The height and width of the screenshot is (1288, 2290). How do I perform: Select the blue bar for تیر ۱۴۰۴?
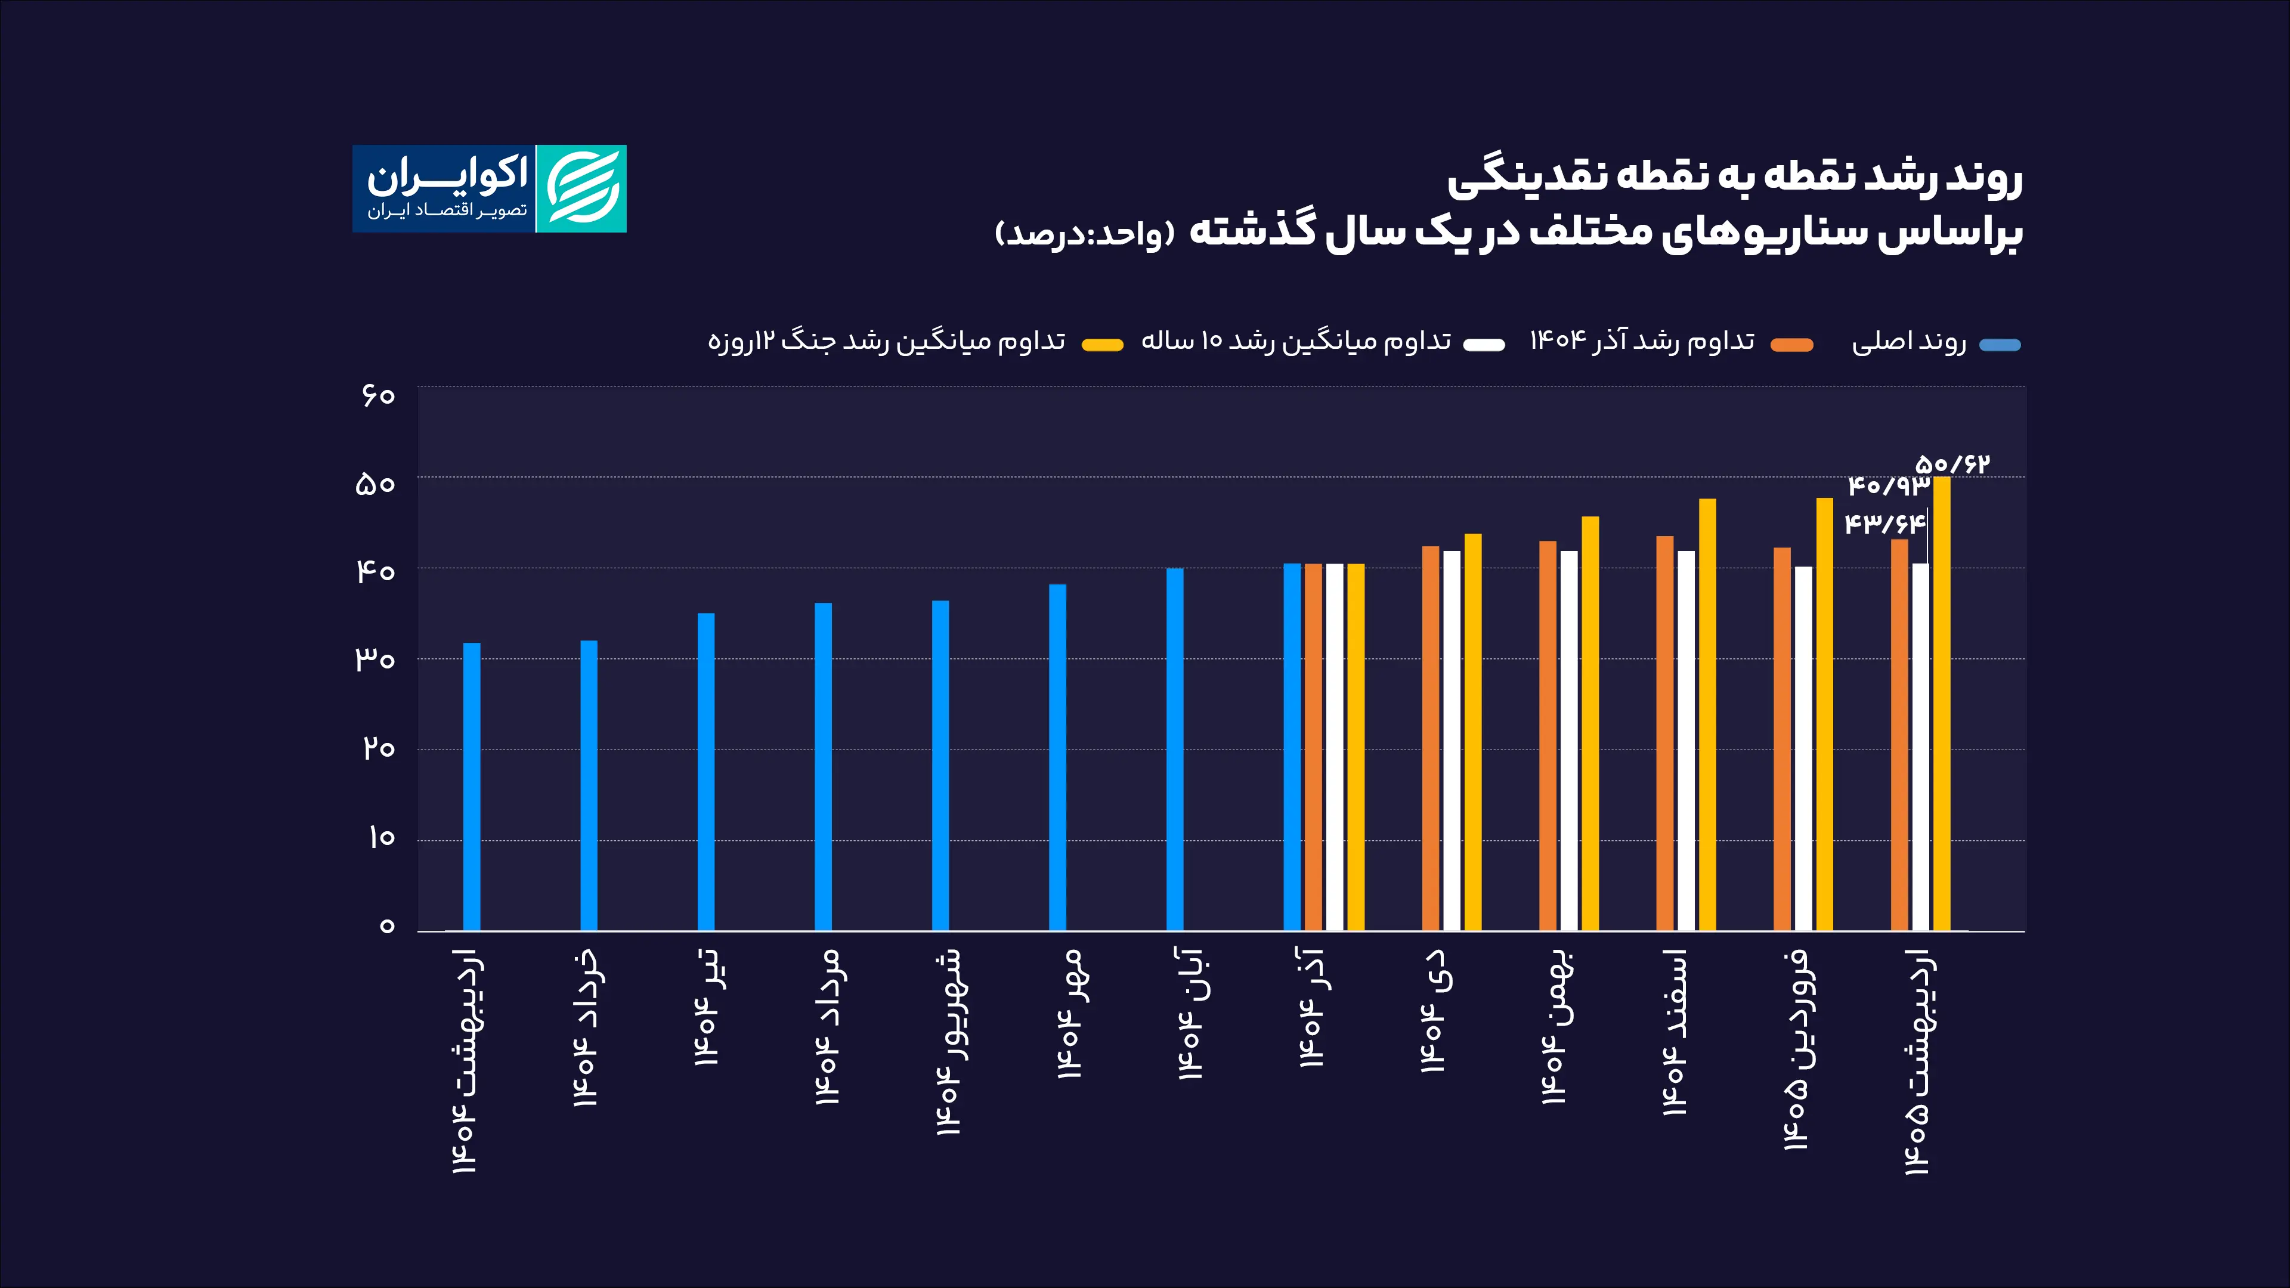point(706,772)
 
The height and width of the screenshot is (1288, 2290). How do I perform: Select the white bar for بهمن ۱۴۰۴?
point(1569,741)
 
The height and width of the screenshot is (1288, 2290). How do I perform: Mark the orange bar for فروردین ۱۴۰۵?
point(1783,739)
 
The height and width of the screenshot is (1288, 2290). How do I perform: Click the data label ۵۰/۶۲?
point(1952,464)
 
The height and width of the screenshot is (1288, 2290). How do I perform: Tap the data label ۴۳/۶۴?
point(1884,523)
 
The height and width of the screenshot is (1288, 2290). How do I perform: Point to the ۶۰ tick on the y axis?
point(378,395)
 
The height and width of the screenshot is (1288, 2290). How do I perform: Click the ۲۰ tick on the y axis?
point(378,748)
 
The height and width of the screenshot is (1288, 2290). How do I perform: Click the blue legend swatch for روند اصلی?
point(2000,345)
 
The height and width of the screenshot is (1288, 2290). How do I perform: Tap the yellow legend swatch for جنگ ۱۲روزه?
point(1102,345)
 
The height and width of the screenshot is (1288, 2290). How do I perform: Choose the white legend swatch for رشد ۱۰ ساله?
point(1484,345)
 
